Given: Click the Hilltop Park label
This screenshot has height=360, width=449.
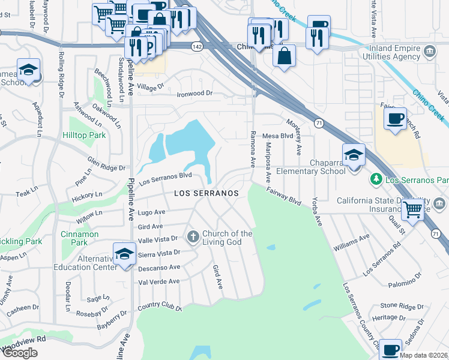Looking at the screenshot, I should pos(84,136).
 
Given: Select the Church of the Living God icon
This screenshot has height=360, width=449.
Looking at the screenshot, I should pos(193,237).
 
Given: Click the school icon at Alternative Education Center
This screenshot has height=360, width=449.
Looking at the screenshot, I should pos(125,253).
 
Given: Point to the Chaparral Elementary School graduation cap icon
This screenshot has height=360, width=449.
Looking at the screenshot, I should pos(354,155).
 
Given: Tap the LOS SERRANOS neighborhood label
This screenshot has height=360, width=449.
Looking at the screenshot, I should pos(206,193).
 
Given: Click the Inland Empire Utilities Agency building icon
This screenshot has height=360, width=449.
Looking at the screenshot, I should pos(430,52).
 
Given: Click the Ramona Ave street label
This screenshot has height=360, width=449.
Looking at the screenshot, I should pos(253,149).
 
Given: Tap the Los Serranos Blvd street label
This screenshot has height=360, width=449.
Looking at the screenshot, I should pos(165,178).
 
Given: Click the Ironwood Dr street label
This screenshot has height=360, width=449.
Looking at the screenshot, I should pos(194,94).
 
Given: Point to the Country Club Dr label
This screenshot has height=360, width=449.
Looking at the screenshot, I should pos(159,307).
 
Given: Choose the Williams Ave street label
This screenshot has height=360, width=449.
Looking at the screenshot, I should pos(352,242).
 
